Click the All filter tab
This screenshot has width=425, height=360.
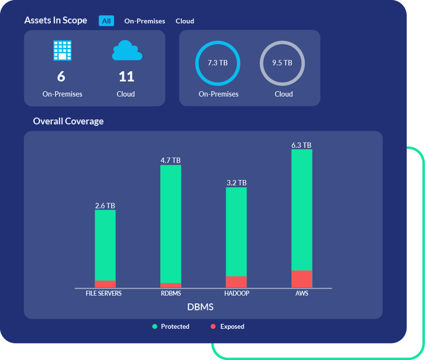point(106,21)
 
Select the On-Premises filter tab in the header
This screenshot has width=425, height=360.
point(145,21)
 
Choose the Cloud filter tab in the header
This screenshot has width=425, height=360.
point(185,21)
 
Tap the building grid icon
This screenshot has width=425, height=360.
point(62,50)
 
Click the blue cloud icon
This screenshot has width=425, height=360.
point(127,51)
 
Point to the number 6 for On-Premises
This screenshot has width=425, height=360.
point(61,77)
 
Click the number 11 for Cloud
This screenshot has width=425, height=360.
point(126,77)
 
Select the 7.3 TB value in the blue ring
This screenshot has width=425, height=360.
point(217,63)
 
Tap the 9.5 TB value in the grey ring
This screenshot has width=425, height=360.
point(282,63)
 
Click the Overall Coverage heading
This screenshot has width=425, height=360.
point(68,121)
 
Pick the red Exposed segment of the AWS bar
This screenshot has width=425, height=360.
point(302,279)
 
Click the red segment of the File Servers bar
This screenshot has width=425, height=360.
point(105,284)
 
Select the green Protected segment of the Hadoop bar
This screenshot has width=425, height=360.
point(236,232)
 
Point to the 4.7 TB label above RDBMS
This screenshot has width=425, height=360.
point(171,160)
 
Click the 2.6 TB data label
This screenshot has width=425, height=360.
point(105,205)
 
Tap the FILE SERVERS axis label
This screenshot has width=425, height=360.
point(104,294)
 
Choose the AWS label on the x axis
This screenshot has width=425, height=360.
point(302,294)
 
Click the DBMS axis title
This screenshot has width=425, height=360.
point(200,307)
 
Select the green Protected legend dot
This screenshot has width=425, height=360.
point(155,326)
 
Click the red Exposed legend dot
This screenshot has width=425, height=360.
point(213,326)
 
